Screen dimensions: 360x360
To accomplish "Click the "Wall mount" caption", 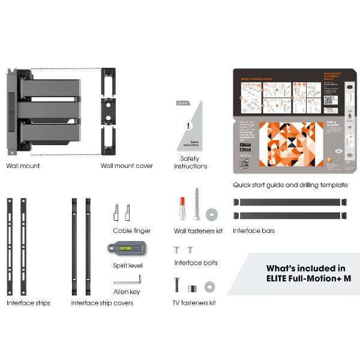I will [x=23, y=166].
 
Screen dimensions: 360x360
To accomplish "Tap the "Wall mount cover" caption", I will [x=127, y=166].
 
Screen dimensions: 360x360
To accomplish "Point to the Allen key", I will [x=127, y=280].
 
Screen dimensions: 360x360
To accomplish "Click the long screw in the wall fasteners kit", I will [x=197, y=204].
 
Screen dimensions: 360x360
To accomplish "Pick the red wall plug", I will [x=182, y=206].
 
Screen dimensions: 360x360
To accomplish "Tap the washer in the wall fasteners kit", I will [x=211, y=214].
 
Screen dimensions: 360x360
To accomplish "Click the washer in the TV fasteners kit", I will [x=210, y=286].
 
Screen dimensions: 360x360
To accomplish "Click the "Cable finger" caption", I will [x=131, y=230].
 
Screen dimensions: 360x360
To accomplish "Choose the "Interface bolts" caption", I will [x=196, y=263].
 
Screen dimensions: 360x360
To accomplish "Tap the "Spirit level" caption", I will [x=127, y=265].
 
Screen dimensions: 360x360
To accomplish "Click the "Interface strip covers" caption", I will [x=102, y=303].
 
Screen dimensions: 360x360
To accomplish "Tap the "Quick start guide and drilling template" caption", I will [x=290, y=185].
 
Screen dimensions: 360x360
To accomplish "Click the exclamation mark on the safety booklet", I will [x=188, y=126].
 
